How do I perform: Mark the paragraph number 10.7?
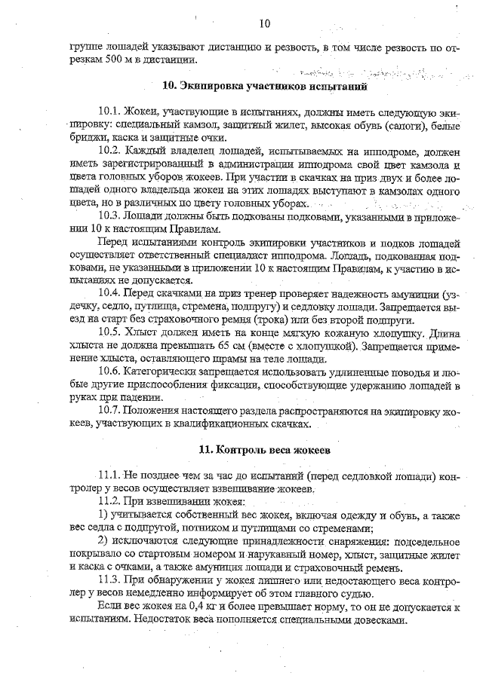coord(111,411)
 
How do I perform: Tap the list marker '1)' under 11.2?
coord(105,515)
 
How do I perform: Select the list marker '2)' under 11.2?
coord(105,541)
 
